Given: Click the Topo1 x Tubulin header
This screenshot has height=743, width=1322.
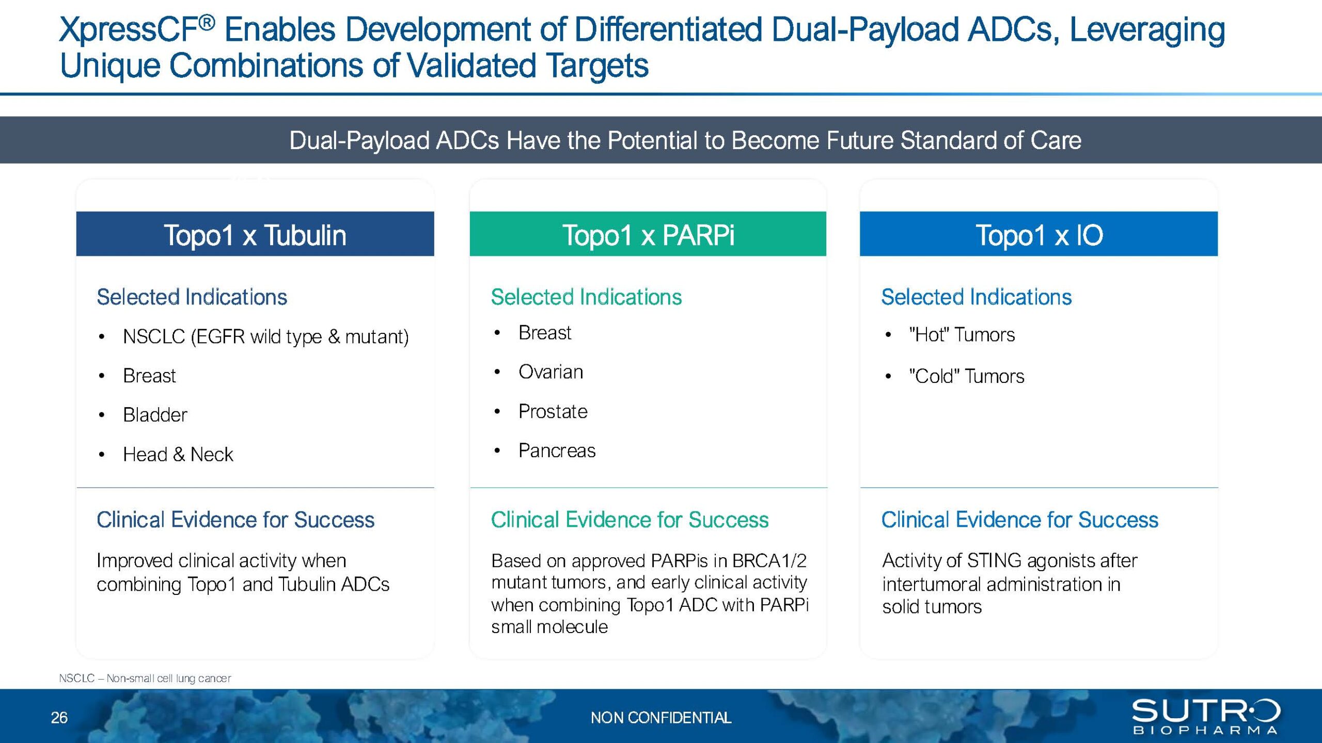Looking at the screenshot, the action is (255, 234).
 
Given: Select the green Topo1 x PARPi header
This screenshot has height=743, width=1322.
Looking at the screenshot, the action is (648, 234).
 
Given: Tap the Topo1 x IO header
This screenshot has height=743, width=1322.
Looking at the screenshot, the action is (1038, 234).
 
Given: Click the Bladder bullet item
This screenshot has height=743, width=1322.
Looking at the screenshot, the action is (155, 415).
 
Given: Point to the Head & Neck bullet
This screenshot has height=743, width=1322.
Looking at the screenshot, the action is (178, 455).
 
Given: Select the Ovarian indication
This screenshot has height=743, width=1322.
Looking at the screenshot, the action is (551, 372).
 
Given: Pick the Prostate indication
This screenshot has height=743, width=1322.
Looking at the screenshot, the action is (553, 412).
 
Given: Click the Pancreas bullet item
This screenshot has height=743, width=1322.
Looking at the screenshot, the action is (557, 451).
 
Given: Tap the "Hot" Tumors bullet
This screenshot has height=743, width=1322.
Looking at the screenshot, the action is (962, 335).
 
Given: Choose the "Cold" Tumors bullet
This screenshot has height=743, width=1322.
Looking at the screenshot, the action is (967, 376).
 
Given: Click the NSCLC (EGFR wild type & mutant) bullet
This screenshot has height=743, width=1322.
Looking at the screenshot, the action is (266, 337).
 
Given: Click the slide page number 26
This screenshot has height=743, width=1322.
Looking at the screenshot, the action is (59, 718).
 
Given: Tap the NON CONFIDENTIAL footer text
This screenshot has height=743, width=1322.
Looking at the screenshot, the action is (661, 718).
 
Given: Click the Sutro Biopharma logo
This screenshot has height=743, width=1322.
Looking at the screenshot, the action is (1206, 716).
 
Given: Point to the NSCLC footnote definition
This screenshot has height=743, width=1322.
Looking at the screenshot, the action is (145, 679).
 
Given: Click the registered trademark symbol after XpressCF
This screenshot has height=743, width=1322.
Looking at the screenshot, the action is (207, 22).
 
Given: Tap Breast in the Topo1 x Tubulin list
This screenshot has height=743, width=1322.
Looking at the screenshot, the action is (149, 376).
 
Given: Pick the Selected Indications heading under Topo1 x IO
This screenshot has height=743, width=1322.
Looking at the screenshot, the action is (977, 297).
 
